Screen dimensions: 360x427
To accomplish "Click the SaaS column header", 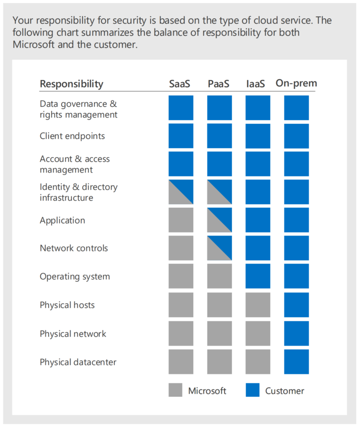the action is [179, 83].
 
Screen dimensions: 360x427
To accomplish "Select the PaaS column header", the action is [219, 83].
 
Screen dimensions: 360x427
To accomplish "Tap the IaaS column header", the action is [255, 83].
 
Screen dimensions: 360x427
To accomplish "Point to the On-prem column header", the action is [296, 83].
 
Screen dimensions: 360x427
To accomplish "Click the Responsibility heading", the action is [72, 84].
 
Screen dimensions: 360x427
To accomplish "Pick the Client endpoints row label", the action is [72, 136].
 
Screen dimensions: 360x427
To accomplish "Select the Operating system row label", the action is [75, 276].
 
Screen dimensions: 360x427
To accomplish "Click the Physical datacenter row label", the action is [78, 362].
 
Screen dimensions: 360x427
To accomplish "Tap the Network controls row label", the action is [74, 248].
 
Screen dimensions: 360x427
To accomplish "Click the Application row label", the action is [63, 220].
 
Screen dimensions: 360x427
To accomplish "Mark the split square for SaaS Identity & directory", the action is [181, 192].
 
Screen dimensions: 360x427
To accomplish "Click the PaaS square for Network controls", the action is [220, 248].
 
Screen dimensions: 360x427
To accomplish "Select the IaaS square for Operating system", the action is [258, 276].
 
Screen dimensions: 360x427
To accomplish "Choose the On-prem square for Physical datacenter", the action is [297, 362].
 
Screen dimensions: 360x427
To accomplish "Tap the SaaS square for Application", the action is [181, 220].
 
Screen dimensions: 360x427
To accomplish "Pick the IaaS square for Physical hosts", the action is [258, 305].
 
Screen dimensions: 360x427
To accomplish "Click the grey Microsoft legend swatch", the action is [176, 390].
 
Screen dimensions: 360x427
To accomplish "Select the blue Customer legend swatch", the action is [253, 390].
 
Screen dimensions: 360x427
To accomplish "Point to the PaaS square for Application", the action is [220, 220].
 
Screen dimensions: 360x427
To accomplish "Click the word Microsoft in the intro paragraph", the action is [33, 44].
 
